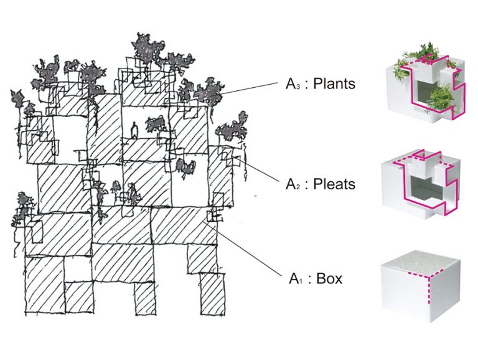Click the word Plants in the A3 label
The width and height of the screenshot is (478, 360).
334,84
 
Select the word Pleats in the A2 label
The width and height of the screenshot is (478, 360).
333,184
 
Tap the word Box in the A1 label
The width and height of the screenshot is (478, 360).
329,278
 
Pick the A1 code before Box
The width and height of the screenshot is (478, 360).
295,278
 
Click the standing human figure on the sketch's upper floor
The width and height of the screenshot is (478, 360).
133,130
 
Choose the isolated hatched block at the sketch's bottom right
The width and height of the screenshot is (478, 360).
212,293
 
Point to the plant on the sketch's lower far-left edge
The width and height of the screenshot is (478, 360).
22,206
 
